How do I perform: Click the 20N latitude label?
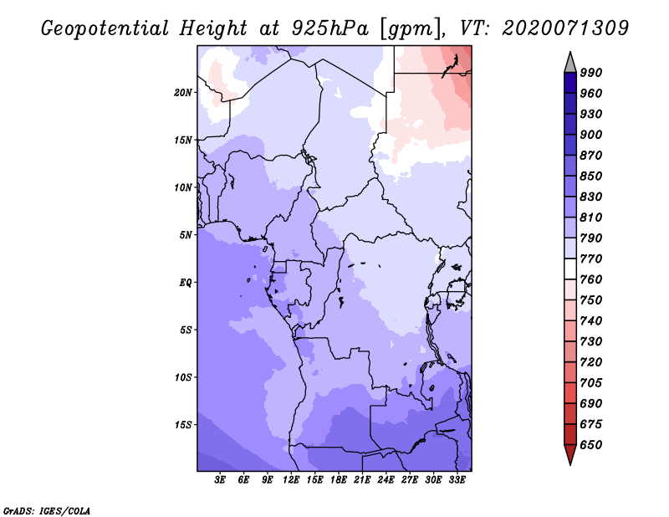tap(183, 93)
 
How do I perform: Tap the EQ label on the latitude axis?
tap(185, 283)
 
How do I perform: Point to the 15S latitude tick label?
tap(183, 425)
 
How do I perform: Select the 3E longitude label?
tap(220, 480)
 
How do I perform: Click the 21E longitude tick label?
tap(362, 480)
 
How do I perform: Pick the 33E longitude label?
tap(457, 480)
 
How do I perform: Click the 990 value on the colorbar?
tap(591, 73)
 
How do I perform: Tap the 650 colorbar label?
tap(591, 445)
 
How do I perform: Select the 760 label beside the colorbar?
tap(591, 279)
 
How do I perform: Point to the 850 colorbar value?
tap(591, 176)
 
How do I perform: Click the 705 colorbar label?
tap(591, 382)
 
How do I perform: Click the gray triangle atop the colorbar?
tap(570, 64)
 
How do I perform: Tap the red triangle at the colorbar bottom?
tap(570, 453)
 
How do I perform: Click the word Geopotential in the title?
tap(105, 28)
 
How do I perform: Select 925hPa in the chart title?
tap(329, 28)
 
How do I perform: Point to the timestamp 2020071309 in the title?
tap(565, 28)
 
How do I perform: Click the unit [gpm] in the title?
tap(411, 29)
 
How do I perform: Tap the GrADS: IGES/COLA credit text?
tap(47, 510)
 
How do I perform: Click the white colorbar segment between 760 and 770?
tap(570, 269)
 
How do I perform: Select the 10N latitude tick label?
tap(183, 187)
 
